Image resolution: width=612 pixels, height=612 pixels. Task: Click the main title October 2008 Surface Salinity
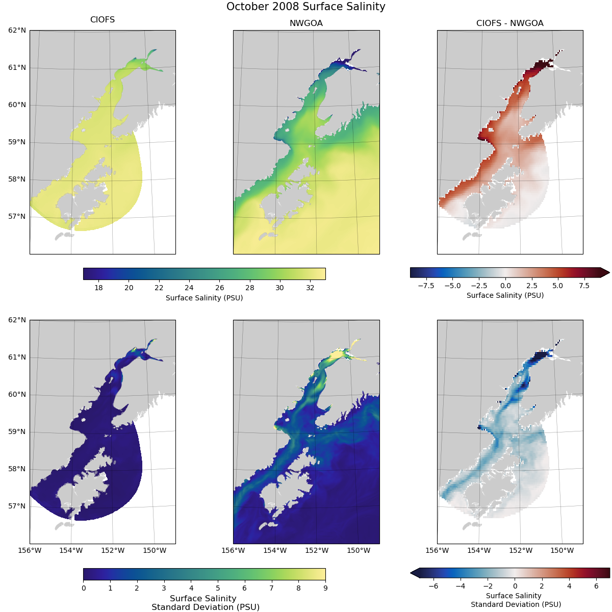click(306, 7)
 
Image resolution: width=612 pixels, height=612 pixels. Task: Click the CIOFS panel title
click(103, 20)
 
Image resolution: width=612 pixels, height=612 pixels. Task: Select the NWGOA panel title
click(306, 23)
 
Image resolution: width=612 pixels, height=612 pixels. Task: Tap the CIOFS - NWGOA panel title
click(509, 23)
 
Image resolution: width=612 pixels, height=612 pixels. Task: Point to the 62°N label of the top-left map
click(17, 30)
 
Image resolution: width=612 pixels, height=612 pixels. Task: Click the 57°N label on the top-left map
click(17, 216)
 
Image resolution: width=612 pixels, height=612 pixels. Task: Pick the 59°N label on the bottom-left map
click(17, 431)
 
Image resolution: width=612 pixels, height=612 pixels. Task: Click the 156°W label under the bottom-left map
click(30, 550)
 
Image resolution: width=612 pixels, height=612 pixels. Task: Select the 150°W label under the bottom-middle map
click(359, 550)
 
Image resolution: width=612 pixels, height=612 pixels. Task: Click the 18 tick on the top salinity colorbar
click(98, 288)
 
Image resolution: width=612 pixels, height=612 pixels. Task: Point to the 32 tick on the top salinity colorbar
click(310, 288)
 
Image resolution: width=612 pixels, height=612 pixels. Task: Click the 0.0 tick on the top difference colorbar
click(505, 286)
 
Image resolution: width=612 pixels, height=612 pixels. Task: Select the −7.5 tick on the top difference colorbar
click(426, 286)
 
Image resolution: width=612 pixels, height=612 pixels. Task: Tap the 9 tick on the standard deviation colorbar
click(325, 588)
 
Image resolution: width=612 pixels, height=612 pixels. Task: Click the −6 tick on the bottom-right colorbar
click(433, 586)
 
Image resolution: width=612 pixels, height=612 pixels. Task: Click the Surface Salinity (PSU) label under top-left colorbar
click(204, 298)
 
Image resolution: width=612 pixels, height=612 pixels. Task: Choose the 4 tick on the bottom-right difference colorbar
click(569, 586)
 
